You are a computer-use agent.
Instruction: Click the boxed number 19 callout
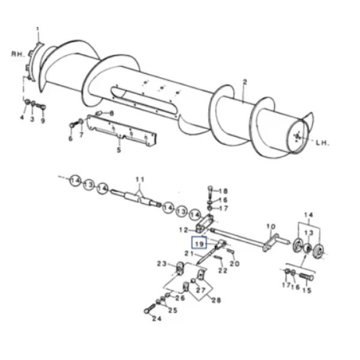199,242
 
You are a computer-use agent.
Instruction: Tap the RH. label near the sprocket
18,54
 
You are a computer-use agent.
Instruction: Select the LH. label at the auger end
322,143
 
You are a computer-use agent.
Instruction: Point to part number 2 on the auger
245,82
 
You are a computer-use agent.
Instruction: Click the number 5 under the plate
119,150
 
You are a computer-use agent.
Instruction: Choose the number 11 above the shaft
140,179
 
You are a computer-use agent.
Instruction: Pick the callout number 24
157,319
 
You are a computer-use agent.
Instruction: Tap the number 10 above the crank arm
271,227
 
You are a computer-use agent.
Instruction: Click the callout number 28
216,300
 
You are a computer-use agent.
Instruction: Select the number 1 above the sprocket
38,29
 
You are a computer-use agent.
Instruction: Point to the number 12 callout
184,230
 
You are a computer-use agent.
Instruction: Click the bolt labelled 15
306,278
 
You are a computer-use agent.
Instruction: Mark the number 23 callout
161,264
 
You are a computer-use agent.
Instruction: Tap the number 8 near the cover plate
112,113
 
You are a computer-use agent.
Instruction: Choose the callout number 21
189,253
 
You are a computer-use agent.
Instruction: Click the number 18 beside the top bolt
223,191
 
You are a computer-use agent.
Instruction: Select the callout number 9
43,121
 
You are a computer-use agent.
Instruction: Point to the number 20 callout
235,264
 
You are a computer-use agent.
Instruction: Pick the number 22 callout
223,271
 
